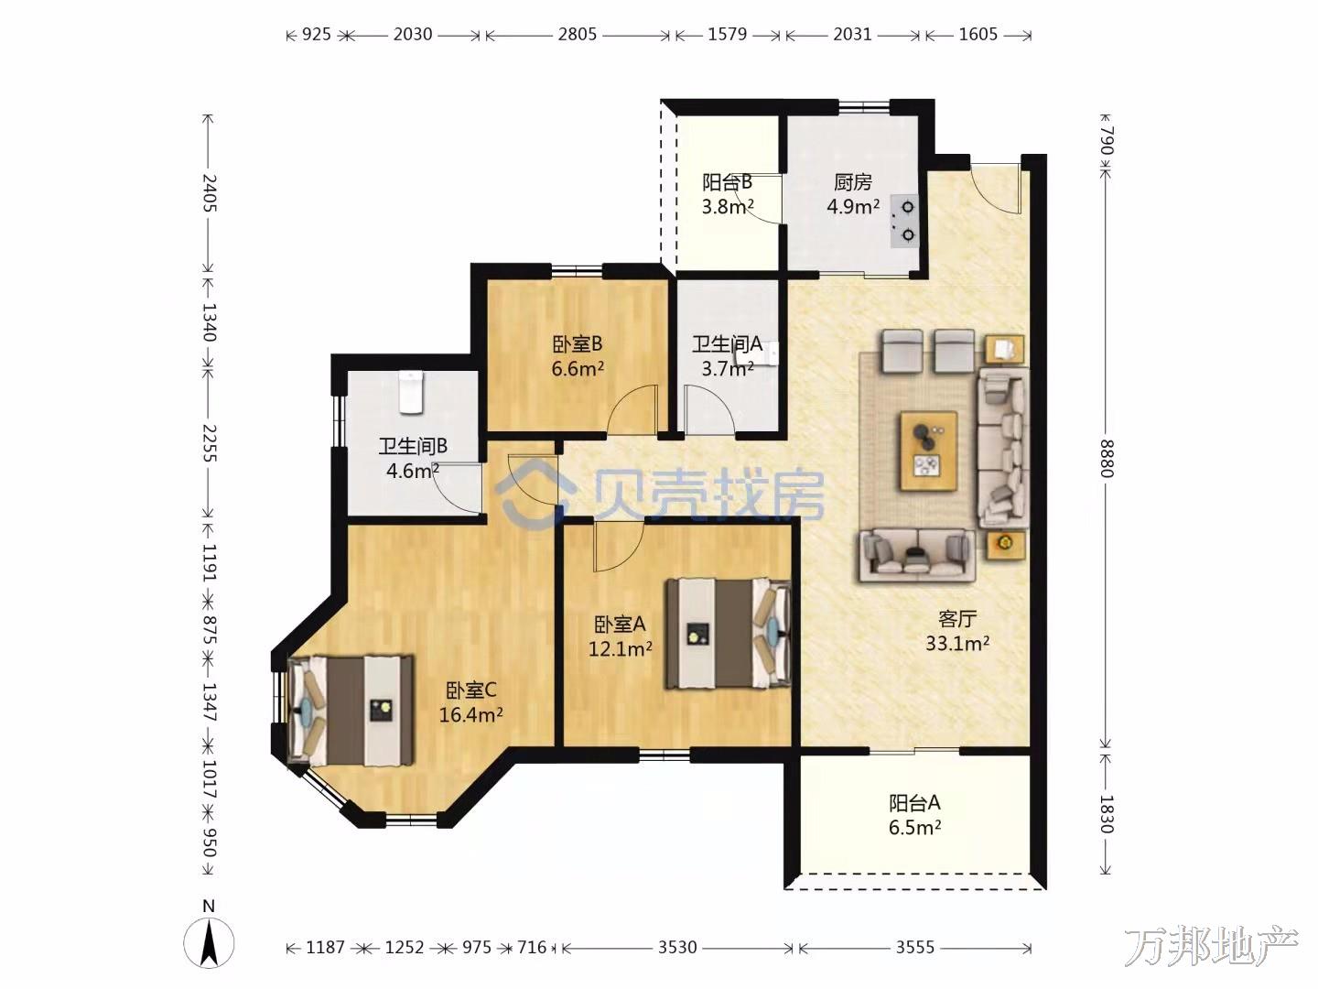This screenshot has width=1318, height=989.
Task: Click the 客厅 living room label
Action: pyautogui.click(x=957, y=618)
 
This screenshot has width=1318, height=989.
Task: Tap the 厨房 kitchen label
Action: pyautogui.click(x=853, y=182)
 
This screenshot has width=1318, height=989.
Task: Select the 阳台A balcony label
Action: pyautogui.click(x=914, y=803)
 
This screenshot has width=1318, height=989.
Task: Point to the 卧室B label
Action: pyautogui.click(x=577, y=344)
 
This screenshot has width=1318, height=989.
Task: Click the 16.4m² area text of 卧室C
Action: pyautogui.click(x=470, y=715)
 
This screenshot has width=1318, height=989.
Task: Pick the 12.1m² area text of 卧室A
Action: pyautogui.click(x=621, y=648)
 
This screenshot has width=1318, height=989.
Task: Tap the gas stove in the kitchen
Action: pyautogui.click(x=904, y=221)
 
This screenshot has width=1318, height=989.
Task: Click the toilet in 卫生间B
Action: pyautogui.click(x=411, y=392)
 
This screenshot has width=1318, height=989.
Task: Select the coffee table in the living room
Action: pyautogui.click(x=928, y=451)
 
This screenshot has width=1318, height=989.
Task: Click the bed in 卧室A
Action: pyautogui.click(x=727, y=633)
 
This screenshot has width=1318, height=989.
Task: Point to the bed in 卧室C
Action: pyautogui.click(x=351, y=711)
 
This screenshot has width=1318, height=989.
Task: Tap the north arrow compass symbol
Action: pyautogui.click(x=209, y=944)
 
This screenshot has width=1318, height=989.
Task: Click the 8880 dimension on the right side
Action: pyautogui.click(x=1106, y=459)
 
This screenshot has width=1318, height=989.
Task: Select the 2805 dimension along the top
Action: pyautogui.click(x=577, y=34)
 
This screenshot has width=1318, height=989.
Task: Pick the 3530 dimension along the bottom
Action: pyautogui.click(x=676, y=947)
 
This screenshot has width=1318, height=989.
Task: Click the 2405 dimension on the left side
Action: pyautogui.click(x=209, y=192)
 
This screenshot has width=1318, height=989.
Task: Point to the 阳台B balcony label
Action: pyautogui.click(x=727, y=182)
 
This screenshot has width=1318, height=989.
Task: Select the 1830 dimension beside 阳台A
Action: pyautogui.click(x=1106, y=814)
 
